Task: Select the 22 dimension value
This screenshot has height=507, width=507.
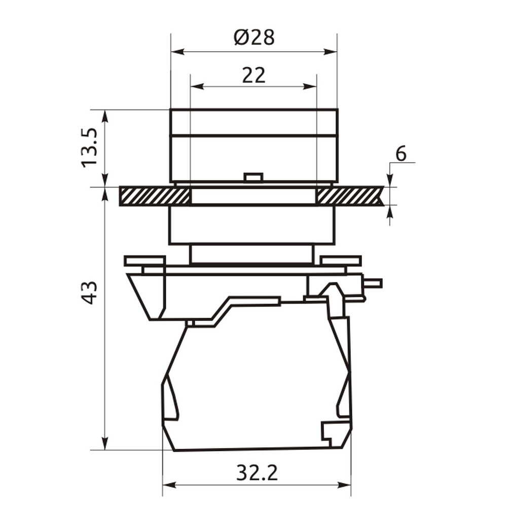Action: pyautogui.click(x=254, y=76)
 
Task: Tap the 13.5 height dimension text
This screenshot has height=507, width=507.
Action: pyautogui.click(x=89, y=148)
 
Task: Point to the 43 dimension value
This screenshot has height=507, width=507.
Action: pyautogui.click(x=89, y=293)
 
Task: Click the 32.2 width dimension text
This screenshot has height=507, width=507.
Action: pyautogui.click(x=257, y=473)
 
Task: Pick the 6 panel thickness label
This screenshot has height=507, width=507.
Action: pyautogui.click(x=401, y=153)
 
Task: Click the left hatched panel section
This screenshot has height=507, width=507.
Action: pyautogui.click(x=155, y=196)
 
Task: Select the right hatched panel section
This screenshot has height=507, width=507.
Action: pyautogui.click(x=350, y=196)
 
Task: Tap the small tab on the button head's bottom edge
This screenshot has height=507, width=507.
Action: pyautogui.click(x=254, y=177)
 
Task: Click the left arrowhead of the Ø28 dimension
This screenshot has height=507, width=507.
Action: pyautogui.click(x=177, y=52)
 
